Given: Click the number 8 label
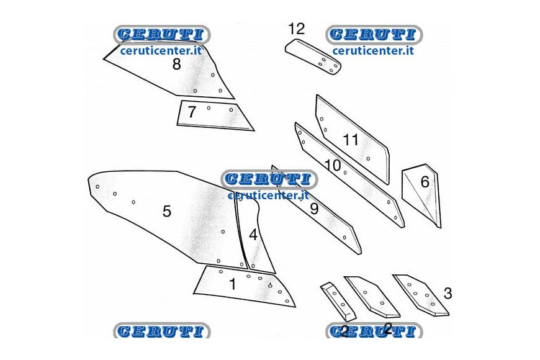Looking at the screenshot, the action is point(177,64).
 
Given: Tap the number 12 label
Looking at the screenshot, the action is point(296,29).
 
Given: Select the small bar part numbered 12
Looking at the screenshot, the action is point(313,56).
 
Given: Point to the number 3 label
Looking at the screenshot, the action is point(448,294).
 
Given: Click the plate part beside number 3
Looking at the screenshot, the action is point(421,295).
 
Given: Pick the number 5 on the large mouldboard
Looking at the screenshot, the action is point(167,211).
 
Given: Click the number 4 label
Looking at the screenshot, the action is point(253,235).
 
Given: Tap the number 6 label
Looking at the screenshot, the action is point(425,181).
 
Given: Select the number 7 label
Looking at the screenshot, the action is point(192,112).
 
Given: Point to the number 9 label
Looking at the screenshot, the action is point(313,209).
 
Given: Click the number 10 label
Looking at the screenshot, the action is point(333,165).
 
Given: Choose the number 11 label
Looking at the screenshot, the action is point(351,140).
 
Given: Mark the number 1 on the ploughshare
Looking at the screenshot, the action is point(233,284).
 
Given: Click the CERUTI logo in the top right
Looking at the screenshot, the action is point(374,35).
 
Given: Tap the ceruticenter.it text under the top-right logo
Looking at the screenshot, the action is point(373,51).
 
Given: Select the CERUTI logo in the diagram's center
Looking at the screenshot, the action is point(269,179).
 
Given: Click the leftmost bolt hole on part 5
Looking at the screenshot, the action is point(97,187).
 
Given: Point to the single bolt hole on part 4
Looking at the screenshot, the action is point(253,266).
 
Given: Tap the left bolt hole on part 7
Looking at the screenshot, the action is point(209,108).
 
